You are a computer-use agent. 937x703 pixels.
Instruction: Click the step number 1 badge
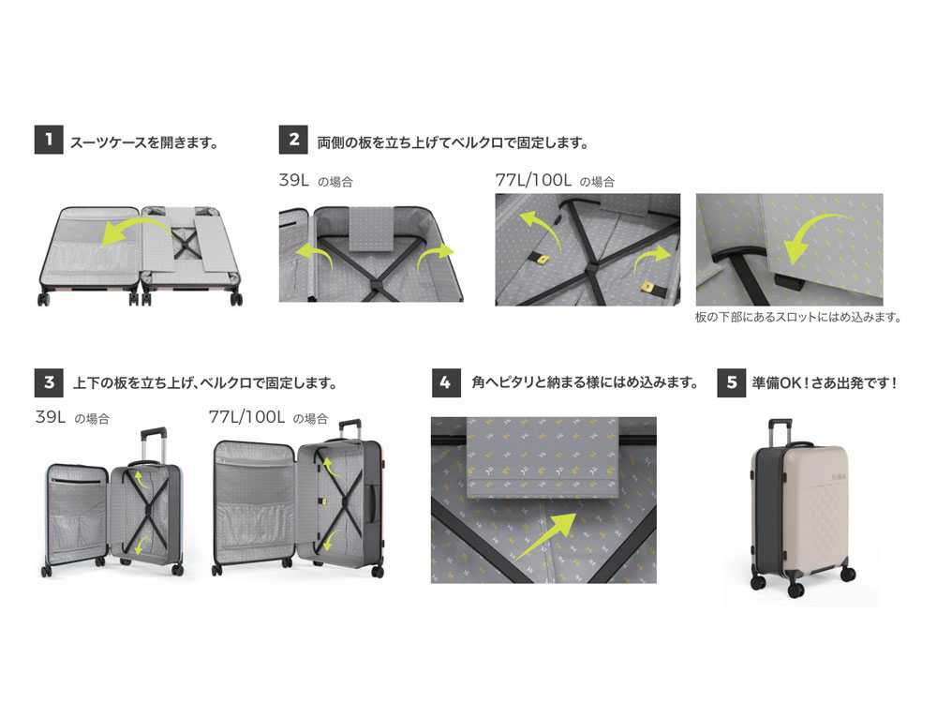tap(49, 140)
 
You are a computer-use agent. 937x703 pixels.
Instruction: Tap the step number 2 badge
tap(293, 140)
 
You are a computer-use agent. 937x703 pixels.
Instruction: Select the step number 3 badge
tap(49, 382)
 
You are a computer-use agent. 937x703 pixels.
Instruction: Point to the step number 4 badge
tap(446, 382)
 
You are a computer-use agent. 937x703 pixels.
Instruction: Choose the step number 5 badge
tap(732, 382)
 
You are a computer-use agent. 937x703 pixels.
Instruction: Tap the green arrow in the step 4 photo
tap(547, 534)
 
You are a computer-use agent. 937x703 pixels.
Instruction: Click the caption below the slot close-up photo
tap(798, 317)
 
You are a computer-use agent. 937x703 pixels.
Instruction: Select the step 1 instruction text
tap(144, 142)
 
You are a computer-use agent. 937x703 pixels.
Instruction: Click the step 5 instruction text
tap(825, 382)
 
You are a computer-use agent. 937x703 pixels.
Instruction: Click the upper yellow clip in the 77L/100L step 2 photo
tap(543, 259)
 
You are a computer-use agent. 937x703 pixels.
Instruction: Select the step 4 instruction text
tap(585, 382)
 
